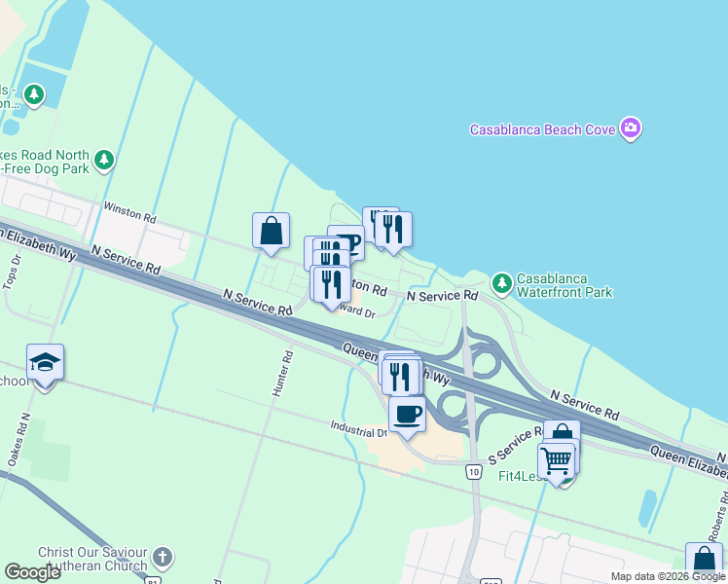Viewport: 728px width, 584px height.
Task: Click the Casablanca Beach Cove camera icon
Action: [632, 129]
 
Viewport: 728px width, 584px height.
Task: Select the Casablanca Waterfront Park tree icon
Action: [501, 283]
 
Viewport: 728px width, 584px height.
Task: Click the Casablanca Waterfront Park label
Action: [564, 284]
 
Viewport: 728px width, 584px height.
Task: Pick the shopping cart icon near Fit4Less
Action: [556, 459]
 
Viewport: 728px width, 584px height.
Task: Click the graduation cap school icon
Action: [45, 362]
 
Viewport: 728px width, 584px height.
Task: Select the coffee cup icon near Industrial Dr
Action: [408, 414]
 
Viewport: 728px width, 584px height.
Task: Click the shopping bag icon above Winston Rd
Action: [272, 231]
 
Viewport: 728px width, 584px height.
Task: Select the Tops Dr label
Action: [11, 272]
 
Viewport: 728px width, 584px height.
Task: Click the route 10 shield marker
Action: [474, 472]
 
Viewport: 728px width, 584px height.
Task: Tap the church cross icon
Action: [163, 558]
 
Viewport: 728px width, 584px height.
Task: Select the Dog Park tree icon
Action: [104, 159]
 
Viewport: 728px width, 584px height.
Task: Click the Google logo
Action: [33, 572]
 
